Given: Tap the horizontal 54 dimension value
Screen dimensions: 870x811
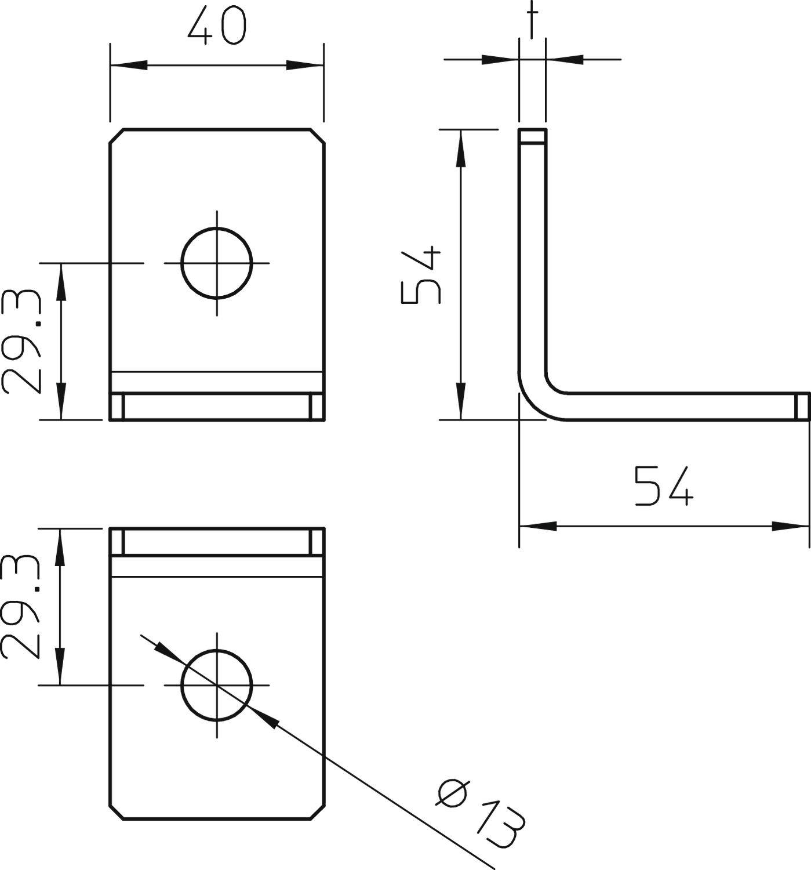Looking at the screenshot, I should click(663, 485).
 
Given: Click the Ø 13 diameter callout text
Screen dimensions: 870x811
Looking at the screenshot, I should click(480, 811).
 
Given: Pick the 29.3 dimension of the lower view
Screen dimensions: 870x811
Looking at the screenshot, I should click(22, 607).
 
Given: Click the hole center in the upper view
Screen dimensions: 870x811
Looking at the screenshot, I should click(217, 263).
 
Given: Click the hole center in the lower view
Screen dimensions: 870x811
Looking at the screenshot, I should click(217, 685).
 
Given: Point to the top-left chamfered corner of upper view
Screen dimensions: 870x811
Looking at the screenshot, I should click(116, 135).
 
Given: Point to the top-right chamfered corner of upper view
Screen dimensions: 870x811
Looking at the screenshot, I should click(318, 135).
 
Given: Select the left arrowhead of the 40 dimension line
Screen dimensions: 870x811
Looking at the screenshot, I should click(128, 65).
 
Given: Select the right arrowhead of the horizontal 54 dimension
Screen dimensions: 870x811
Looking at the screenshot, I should click(791, 526).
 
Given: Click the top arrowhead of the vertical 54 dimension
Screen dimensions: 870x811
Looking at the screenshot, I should click(461, 147).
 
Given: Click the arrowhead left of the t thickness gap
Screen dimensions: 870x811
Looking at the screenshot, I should click(500, 59).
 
